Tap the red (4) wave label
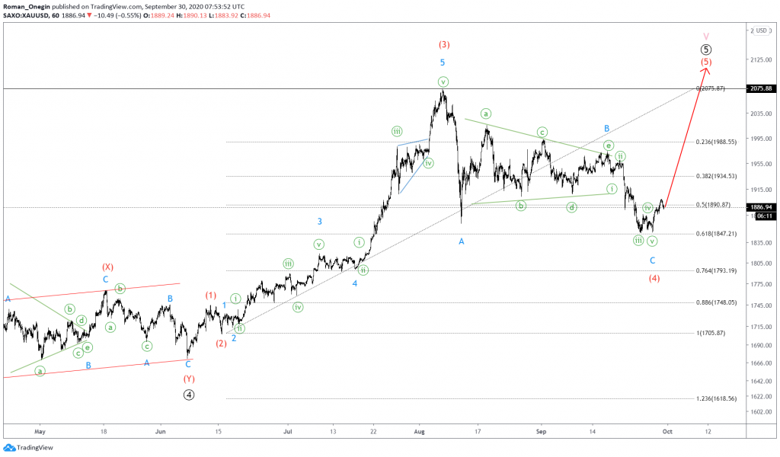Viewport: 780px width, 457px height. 654,278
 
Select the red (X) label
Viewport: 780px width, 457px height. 107,267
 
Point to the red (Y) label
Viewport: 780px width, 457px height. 188,379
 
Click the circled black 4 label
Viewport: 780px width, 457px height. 188,395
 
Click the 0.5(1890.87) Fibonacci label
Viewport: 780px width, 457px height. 713,205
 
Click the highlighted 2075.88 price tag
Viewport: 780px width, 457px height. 762,89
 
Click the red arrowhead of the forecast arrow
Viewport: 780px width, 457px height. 706,71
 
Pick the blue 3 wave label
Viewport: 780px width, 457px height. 320,222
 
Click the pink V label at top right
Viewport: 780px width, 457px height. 706,36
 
